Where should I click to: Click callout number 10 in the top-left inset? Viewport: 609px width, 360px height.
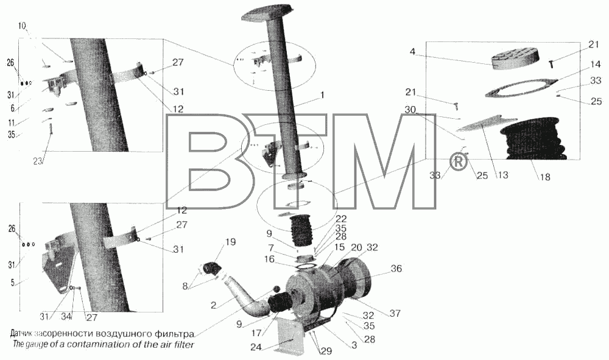point(22,26)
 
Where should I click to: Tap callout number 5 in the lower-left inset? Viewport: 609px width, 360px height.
point(12,283)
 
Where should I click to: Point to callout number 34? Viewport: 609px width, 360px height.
point(66,317)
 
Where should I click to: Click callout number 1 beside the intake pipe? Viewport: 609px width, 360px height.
point(322,95)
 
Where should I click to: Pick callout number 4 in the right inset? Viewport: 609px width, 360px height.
point(412,52)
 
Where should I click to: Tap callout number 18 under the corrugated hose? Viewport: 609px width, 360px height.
point(545,177)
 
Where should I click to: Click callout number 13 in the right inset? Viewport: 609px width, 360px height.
point(502,175)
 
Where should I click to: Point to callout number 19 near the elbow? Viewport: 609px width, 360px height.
point(230,242)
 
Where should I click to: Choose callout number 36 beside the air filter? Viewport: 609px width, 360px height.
point(396,269)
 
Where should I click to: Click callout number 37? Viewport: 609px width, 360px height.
point(395,312)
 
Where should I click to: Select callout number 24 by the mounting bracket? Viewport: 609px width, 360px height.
point(256,347)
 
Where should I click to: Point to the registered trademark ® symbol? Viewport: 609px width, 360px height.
point(459,162)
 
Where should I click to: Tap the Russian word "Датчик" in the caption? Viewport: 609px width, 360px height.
point(22,334)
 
